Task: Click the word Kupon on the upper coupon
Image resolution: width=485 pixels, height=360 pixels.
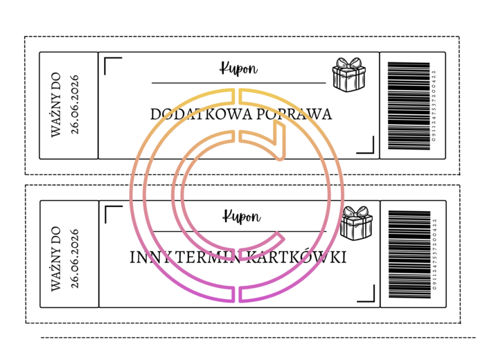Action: coord(239,69)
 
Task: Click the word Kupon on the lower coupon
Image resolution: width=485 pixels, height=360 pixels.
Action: coord(240,217)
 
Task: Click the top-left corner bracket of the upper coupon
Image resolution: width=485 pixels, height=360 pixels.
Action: coord(112,64)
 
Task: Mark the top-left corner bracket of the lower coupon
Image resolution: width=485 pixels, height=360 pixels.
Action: coord(112,213)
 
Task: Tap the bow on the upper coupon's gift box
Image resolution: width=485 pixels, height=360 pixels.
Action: coord(348,63)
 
